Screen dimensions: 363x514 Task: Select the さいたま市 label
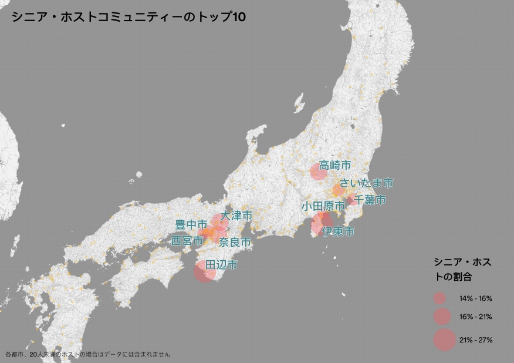[366, 183]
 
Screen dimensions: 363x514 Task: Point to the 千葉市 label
[370, 200]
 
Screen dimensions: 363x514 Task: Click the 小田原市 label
[323, 206]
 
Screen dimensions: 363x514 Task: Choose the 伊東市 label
[338, 231]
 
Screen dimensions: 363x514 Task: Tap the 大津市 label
[236, 216]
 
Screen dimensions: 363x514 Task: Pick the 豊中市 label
[191, 225]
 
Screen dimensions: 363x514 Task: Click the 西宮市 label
[187, 240]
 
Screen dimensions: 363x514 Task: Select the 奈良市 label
[235, 242]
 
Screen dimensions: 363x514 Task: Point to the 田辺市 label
[221, 265]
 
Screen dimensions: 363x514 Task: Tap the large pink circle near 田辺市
[204, 272]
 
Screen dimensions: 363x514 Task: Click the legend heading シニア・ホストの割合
[462, 269]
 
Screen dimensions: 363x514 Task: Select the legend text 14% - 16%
[475, 299]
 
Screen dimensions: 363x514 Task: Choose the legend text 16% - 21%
[475, 317]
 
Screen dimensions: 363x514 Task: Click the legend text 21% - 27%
[475, 340]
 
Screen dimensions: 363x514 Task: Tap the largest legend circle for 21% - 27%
[444, 340]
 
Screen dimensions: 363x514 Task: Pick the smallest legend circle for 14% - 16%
[440, 298]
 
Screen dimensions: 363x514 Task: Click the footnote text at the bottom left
[88, 354]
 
